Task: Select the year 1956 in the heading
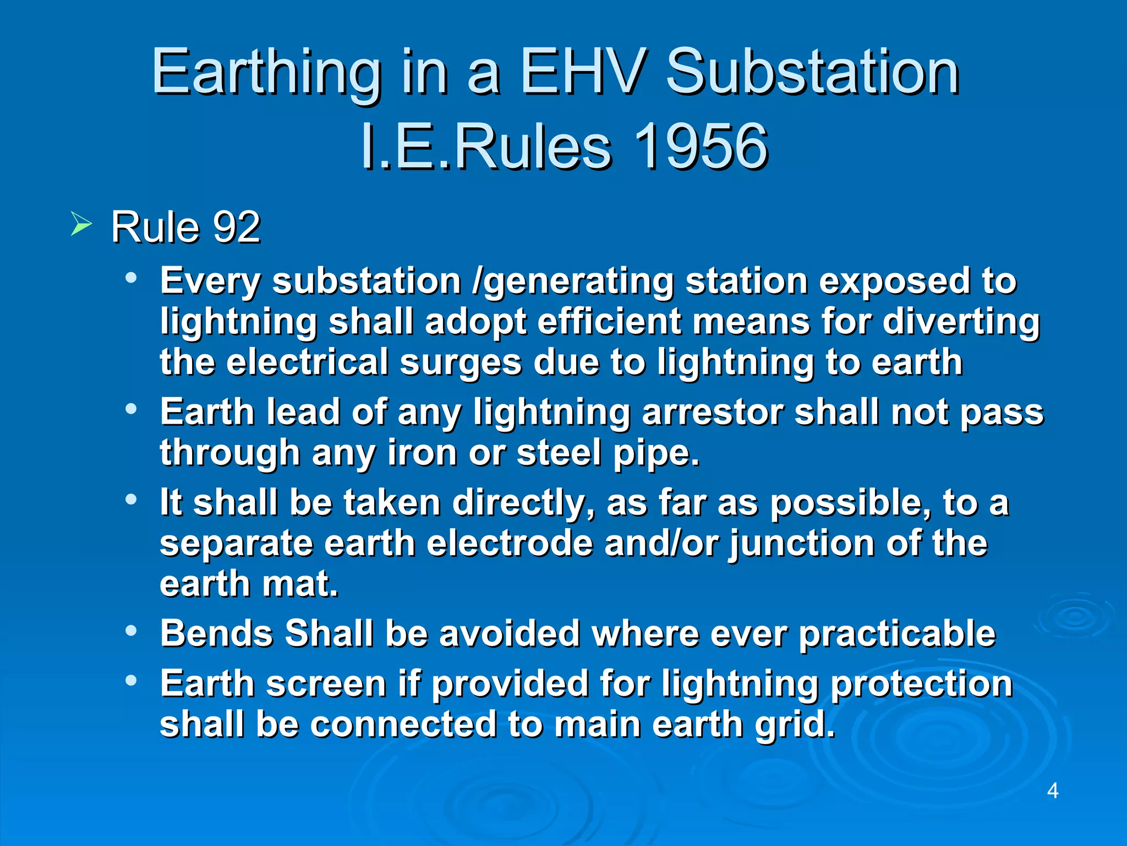(700, 147)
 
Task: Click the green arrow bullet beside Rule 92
(81, 225)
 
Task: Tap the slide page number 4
(1052, 791)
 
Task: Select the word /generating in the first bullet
(573, 282)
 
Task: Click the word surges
(461, 362)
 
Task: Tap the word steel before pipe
(559, 453)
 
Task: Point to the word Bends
(217, 633)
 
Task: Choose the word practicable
(897, 633)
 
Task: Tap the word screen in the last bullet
(326, 684)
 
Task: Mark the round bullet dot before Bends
(130, 631)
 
